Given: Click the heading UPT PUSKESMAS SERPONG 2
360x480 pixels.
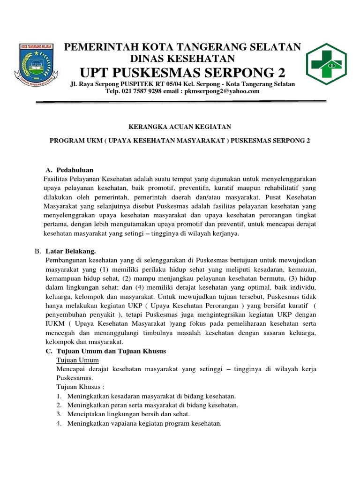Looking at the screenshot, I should click(183, 73).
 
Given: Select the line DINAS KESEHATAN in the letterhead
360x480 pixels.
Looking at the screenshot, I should click(183, 58).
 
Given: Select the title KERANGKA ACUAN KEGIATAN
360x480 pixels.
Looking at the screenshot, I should click(180, 127).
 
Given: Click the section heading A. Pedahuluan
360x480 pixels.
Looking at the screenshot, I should click(70, 170).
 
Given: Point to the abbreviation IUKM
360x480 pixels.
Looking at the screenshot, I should click(53, 324).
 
